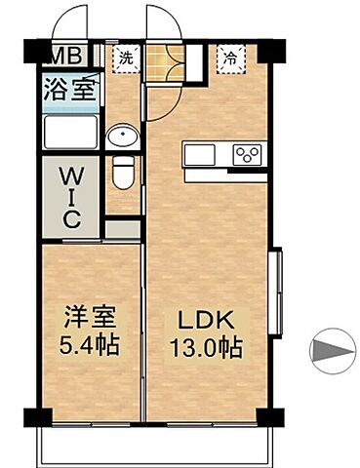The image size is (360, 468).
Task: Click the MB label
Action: (65, 55)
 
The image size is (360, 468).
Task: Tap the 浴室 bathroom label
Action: (68, 93)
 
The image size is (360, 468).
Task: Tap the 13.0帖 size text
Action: (207, 346)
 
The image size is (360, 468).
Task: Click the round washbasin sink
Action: (123, 136)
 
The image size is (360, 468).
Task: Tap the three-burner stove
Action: (247, 154)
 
